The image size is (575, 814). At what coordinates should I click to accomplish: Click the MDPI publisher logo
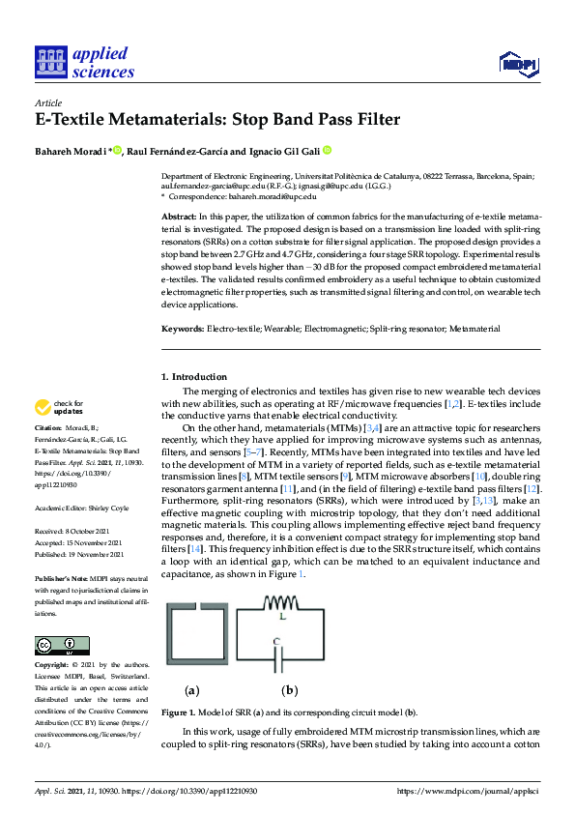tap(518, 64)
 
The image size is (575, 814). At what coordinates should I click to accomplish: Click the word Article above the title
tap(47, 102)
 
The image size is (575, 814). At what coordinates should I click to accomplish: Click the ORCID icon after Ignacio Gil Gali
tap(327, 150)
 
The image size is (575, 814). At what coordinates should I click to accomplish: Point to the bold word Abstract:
tap(179, 218)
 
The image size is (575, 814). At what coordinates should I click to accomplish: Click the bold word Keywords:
tap(183, 329)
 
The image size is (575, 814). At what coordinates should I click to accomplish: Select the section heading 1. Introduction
tap(194, 376)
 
